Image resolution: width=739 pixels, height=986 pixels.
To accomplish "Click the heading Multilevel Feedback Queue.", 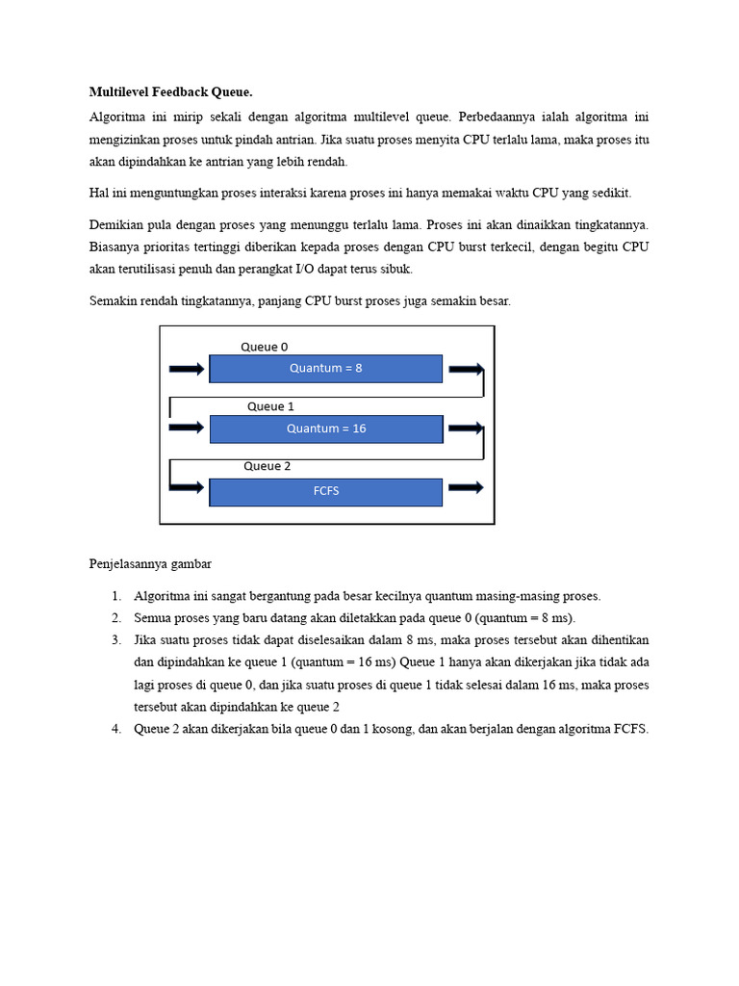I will pos(170,92).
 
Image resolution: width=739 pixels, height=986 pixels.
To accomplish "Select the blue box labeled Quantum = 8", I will pos(325,368).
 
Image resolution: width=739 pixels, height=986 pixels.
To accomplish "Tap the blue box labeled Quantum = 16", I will pos(325,428).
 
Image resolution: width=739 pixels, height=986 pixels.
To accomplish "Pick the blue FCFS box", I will pos(325,491).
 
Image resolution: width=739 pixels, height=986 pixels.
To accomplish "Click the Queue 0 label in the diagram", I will pos(264,347).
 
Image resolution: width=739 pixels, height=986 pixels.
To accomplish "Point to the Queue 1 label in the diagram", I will pos(270,406).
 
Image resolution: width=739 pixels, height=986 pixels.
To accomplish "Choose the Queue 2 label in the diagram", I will pos(267,466).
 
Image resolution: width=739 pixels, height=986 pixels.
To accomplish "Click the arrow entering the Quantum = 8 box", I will pos(187,369).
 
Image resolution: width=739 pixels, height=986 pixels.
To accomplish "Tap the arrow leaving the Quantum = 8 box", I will pos(466,369).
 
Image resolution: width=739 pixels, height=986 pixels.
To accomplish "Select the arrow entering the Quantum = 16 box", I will pos(187,428).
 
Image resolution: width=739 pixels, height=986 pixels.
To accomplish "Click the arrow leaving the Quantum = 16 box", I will pos(466,428).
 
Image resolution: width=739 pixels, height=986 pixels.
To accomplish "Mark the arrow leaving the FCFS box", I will pos(466,487).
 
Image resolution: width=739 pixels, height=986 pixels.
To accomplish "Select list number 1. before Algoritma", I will pos(115,596).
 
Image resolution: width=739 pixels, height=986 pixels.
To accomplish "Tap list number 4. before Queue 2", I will pos(115,729).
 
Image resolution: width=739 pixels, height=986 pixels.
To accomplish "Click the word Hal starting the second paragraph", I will pos(98,194).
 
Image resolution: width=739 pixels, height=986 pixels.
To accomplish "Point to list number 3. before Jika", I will pos(115,640).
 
